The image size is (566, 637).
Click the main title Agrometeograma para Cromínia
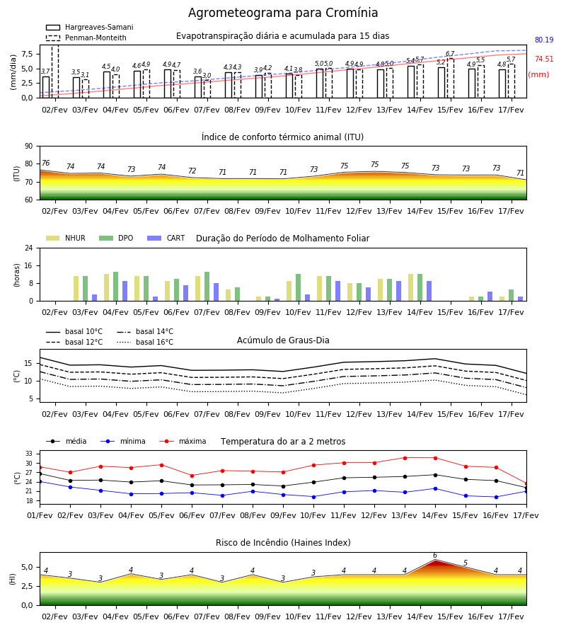(283, 13)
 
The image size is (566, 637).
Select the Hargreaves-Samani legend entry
(89, 27)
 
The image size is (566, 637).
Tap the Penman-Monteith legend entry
(86, 38)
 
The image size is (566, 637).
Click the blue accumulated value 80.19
(544, 40)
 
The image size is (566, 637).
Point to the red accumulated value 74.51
(544, 59)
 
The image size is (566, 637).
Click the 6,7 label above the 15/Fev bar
(450, 54)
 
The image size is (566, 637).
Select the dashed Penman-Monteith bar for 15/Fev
(450, 79)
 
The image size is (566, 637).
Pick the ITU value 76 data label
(46, 163)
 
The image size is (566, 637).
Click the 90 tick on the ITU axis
(29, 147)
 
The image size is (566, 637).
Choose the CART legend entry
(166, 238)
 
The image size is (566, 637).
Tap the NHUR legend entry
(66, 238)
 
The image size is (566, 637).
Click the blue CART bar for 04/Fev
(125, 291)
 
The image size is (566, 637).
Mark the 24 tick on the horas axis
(29, 248)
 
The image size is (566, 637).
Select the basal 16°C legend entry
(145, 342)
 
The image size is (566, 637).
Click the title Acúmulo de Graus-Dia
(283, 340)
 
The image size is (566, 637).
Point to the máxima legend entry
(183, 441)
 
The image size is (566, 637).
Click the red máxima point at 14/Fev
(435, 458)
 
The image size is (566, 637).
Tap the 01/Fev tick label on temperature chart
(40, 515)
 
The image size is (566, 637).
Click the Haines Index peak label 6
(435, 556)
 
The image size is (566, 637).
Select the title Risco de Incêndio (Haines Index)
(283, 542)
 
